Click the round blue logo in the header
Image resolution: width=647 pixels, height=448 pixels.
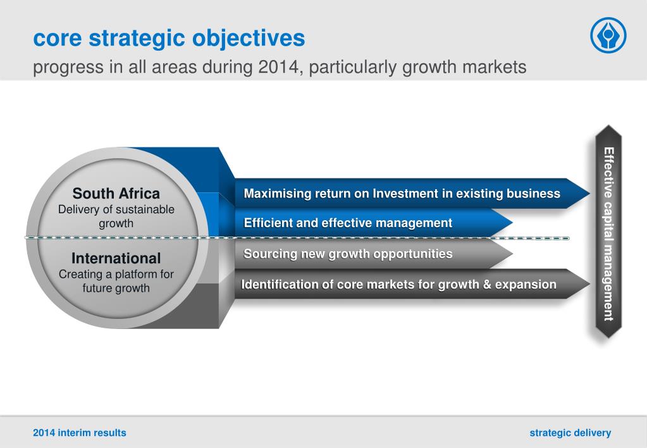[608, 35]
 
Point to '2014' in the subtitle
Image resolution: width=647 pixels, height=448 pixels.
[278, 67]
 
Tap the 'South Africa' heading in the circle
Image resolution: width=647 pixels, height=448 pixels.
[116, 193]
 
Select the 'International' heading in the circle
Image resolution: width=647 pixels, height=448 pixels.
[116, 258]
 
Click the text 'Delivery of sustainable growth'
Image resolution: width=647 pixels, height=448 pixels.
[116, 216]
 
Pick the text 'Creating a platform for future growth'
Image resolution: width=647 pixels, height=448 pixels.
[116, 281]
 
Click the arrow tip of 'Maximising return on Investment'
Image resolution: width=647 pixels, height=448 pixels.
[589, 193]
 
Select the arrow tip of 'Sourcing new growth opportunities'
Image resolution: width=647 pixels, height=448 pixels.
[512, 254]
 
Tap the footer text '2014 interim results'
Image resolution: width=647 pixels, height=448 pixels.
[80, 433]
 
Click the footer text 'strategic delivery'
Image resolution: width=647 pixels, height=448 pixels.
[570, 433]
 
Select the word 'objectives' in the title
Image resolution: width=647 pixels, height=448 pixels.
[249, 39]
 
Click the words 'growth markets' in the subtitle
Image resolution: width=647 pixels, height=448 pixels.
[464, 67]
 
